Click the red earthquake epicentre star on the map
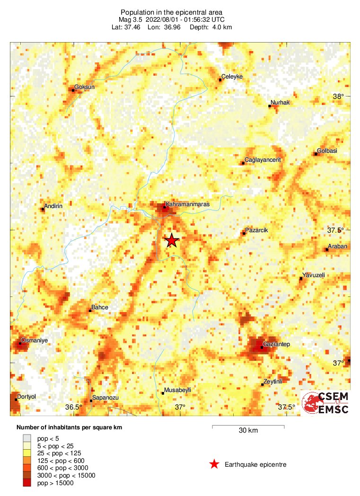[x=172, y=240]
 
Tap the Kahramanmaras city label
[x=187, y=204]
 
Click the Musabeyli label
[x=176, y=391]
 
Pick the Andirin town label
[x=53, y=206]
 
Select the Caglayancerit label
[x=263, y=160]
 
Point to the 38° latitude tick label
[x=338, y=96]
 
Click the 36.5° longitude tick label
[x=74, y=407]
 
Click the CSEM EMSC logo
[x=325, y=403]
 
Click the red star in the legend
[x=214, y=464]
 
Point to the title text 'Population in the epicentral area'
[x=172, y=12]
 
